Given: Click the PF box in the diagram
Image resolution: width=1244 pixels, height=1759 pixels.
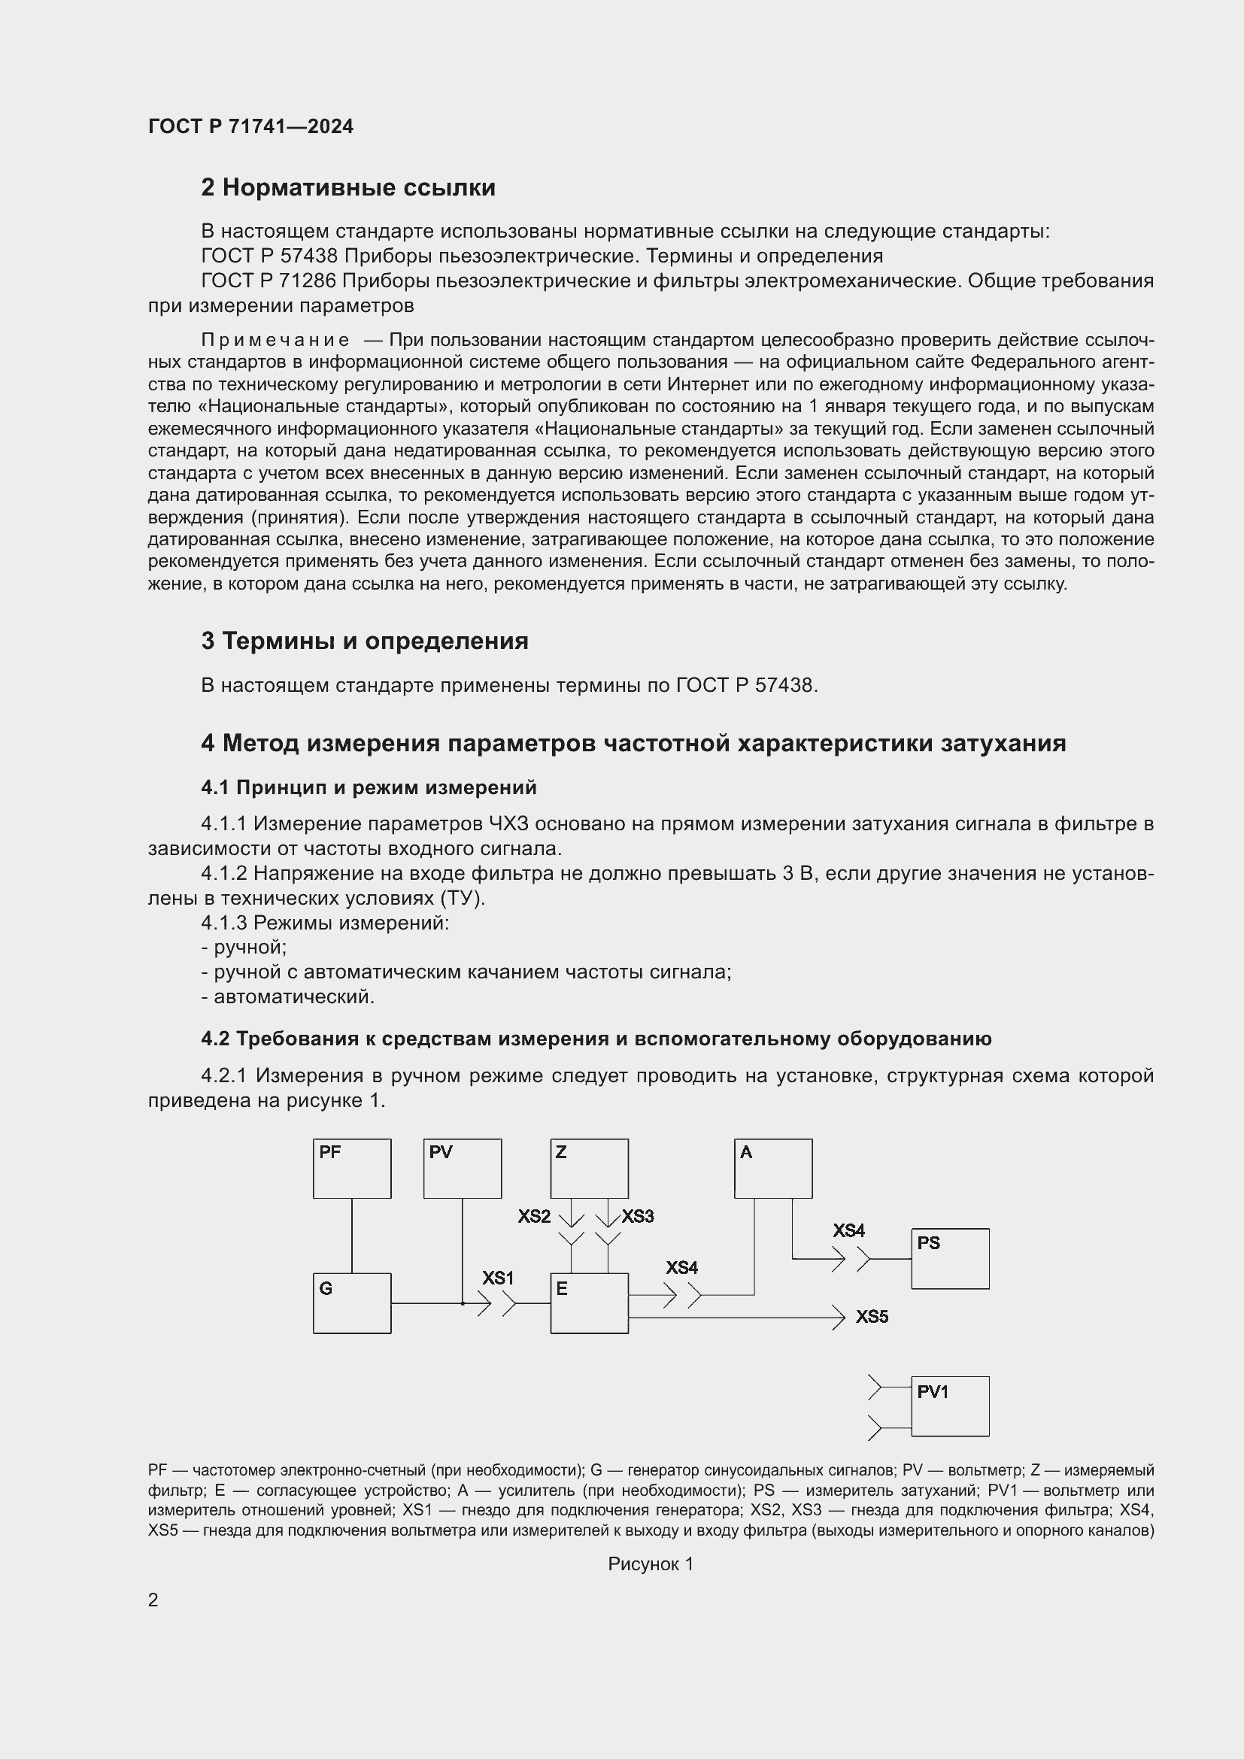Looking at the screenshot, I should click(351, 1169).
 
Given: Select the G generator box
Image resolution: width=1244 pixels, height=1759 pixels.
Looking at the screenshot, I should click(351, 1303).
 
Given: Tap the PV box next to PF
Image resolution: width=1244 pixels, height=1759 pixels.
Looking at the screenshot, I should click(462, 1169).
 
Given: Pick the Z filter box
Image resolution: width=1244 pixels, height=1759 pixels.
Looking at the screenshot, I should click(589, 1169).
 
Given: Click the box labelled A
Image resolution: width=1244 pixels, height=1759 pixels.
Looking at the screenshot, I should click(773, 1169).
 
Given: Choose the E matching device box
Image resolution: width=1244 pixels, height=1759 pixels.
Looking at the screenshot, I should click(589, 1303).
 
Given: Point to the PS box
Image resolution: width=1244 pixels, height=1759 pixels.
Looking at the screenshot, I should click(950, 1259).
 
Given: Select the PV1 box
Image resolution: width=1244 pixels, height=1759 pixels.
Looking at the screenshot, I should click(950, 1406).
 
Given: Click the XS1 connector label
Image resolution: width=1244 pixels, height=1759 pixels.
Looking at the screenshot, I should click(498, 1278).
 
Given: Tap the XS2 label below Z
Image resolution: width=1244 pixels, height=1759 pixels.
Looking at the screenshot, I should click(534, 1217).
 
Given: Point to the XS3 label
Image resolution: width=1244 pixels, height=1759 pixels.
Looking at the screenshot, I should click(637, 1217).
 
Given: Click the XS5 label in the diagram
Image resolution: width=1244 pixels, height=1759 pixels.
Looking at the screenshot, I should click(872, 1317).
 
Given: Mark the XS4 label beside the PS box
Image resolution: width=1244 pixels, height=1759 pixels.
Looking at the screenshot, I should click(848, 1230).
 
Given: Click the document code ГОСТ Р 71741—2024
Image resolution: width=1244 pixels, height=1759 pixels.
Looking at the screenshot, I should click(250, 126).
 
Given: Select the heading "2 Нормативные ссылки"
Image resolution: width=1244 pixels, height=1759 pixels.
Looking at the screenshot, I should click(347, 188).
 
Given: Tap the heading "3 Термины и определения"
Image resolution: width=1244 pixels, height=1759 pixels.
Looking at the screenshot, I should click(365, 641).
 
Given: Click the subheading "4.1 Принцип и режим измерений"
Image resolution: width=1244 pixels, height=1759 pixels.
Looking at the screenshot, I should click(369, 787).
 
